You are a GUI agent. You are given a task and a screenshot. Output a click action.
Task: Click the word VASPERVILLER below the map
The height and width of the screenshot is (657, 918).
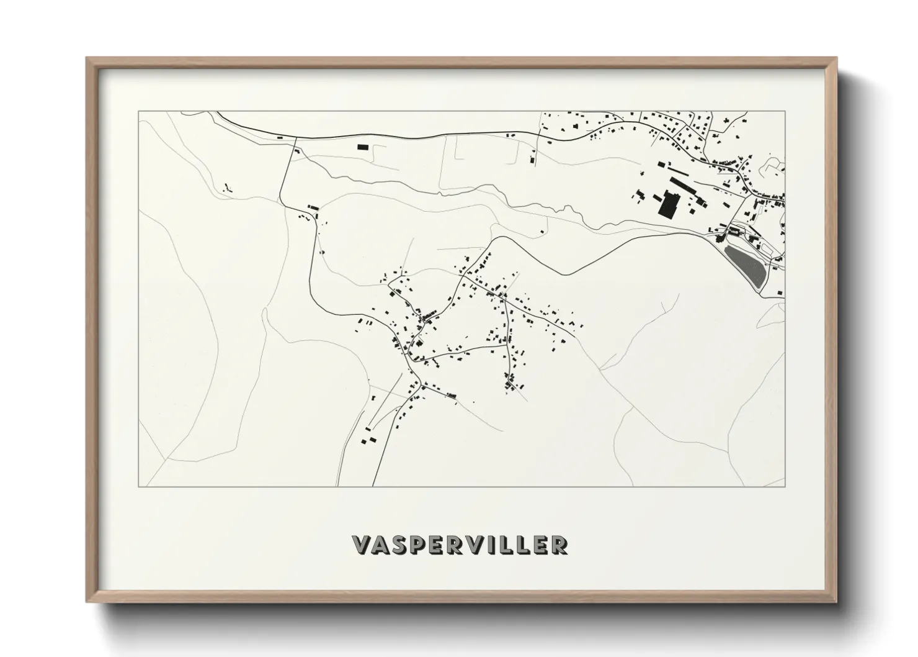tap(459, 545)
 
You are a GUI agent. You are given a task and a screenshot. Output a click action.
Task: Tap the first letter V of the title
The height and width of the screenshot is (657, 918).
tap(362, 545)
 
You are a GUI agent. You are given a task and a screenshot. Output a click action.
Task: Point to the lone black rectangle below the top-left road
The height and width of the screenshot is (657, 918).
tap(362, 147)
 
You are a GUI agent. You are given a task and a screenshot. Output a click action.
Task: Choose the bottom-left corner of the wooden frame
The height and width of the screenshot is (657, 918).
tap(87, 601)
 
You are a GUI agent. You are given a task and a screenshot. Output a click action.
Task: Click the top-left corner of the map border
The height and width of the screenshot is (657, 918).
tap(138, 111)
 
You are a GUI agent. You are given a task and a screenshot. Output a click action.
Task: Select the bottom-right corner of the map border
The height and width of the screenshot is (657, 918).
tap(785, 486)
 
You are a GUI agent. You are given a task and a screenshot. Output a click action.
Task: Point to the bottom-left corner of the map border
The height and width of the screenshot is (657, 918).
tap(138, 486)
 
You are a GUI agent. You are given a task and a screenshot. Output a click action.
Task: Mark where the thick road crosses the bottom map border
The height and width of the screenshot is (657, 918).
tap(373, 486)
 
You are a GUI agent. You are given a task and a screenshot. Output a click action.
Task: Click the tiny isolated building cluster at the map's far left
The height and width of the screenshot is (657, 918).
tap(227, 186)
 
